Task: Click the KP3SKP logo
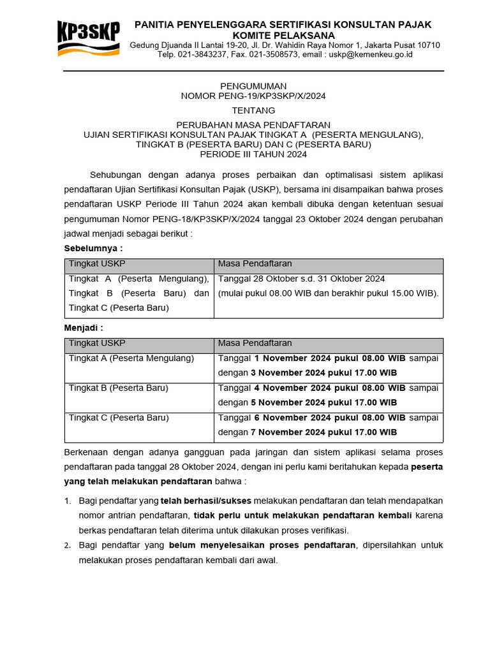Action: pyautogui.click(x=87, y=39)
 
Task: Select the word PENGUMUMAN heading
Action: pyautogui.click(x=253, y=86)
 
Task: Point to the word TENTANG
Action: pyautogui.click(x=253, y=110)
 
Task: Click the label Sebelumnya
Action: pyautogui.click(x=93, y=248)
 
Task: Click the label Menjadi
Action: pyautogui.click(x=84, y=328)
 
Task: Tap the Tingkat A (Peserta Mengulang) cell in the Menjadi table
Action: pyautogui.click(x=131, y=358)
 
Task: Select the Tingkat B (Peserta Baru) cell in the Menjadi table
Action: pyautogui.click(x=119, y=388)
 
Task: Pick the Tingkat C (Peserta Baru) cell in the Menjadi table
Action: pyautogui.click(x=119, y=418)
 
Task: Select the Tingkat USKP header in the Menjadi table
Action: pyautogui.click(x=97, y=343)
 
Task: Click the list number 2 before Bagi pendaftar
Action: pyautogui.click(x=68, y=546)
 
